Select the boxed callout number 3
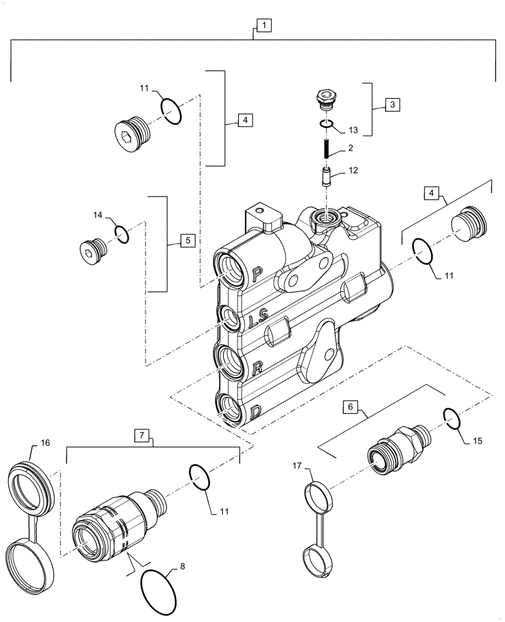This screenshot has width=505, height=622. [392, 104]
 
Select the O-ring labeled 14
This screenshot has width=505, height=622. [122, 234]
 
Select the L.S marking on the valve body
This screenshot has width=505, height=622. [256, 322]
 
